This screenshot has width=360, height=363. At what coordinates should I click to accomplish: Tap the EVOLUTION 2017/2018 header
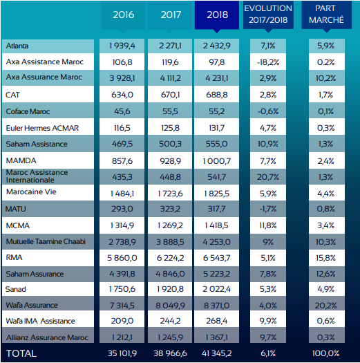(267, 14)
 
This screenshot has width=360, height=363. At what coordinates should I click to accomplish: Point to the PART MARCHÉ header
(325, 14)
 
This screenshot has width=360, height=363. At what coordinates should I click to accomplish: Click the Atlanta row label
(17, 46)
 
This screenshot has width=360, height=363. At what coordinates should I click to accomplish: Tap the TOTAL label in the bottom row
(21, 353)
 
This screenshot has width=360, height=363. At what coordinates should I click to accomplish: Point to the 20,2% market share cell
(325, 305)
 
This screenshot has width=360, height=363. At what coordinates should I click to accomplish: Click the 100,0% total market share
(325, 353)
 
